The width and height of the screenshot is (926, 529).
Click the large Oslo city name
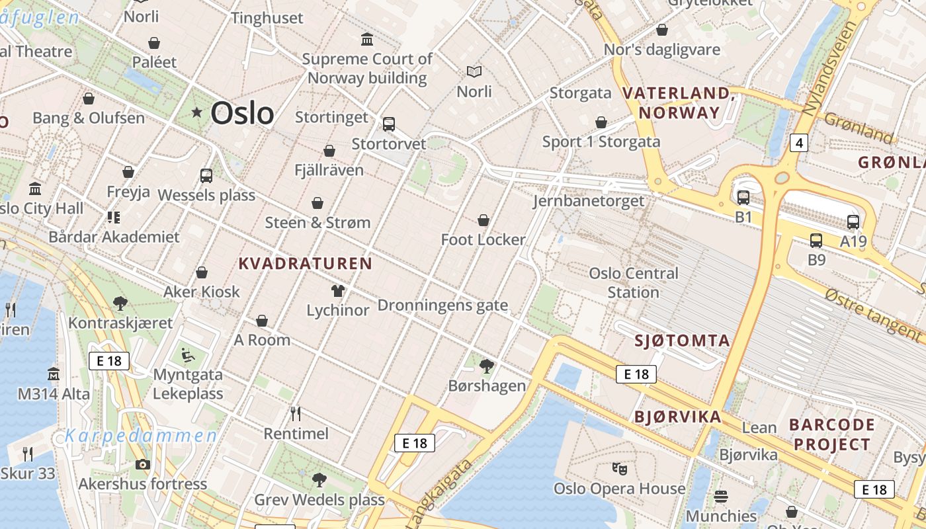(242, 113)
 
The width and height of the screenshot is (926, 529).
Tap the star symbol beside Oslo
(196, 112)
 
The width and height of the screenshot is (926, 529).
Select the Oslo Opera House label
(619, 489)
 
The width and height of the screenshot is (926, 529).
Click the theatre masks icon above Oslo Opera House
(619, 468)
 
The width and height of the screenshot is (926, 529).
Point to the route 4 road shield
(799, 142)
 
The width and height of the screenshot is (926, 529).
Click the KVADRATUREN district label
(305, 264)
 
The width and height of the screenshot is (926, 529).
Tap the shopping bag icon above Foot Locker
(484, 220)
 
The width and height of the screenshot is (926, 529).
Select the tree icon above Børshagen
(487, 366)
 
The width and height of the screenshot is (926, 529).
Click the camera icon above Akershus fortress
(142, 464)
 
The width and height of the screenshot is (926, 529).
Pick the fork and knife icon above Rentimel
(296, 414)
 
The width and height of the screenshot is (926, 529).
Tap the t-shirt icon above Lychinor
(338, 290)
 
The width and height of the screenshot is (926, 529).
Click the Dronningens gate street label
(442, 305)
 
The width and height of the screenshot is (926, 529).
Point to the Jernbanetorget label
(589, 201)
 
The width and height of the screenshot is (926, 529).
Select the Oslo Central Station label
(634, 282)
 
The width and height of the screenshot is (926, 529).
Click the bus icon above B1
(743, 197)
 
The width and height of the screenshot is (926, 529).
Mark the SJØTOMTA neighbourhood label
(682, 341)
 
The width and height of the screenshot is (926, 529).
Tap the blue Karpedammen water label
(141, 436)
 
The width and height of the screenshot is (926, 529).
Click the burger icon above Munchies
(721, 496)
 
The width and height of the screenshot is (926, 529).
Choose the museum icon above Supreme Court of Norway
(367, 39)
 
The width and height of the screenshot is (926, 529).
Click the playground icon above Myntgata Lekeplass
(188, 355)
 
